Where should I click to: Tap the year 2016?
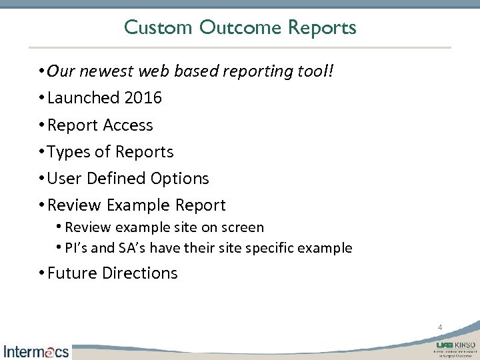click(x=143, y=98)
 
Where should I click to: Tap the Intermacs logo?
click(x=36, y=351)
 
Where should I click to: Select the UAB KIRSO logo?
click(x=455, y=349)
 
